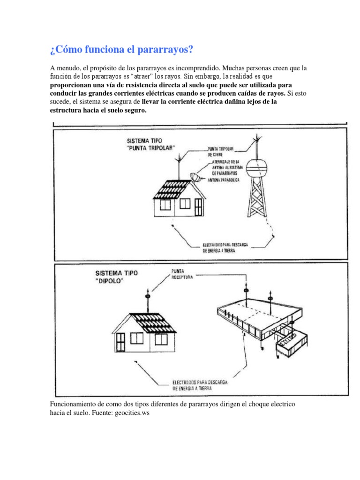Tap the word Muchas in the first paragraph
(232, 68)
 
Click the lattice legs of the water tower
(256, 199)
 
